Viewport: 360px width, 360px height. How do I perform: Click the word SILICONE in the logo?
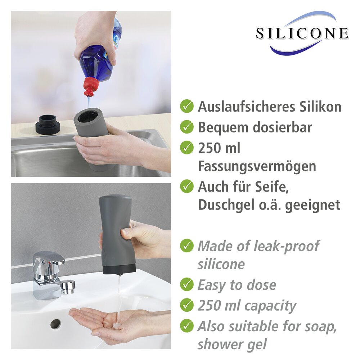(x=302, y=33)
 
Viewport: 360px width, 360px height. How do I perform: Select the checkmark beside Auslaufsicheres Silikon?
(x=186, y=106)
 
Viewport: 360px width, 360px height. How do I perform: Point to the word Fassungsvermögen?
(x=257, y=166)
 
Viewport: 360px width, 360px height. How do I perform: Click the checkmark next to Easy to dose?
(x=186, y=284)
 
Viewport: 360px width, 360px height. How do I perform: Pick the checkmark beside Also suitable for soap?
(x=186, y=326)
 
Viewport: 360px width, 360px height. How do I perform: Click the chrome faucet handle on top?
(x=49, y=257)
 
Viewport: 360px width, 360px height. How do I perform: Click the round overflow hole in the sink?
(x=55, y=323)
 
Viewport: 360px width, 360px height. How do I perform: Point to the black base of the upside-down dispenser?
(x=118, y=269)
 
